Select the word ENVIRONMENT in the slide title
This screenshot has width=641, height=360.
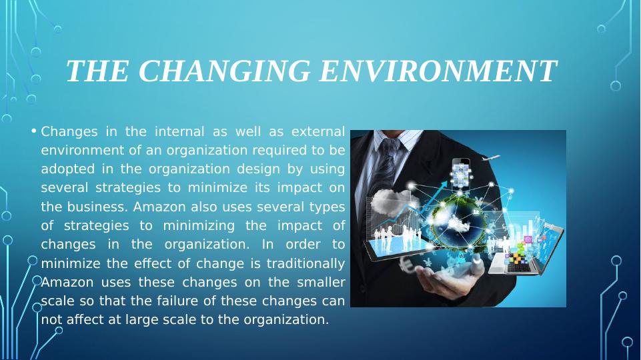(438, 72)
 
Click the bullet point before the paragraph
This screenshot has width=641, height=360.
(34, 131)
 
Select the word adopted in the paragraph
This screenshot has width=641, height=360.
(63, 169)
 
